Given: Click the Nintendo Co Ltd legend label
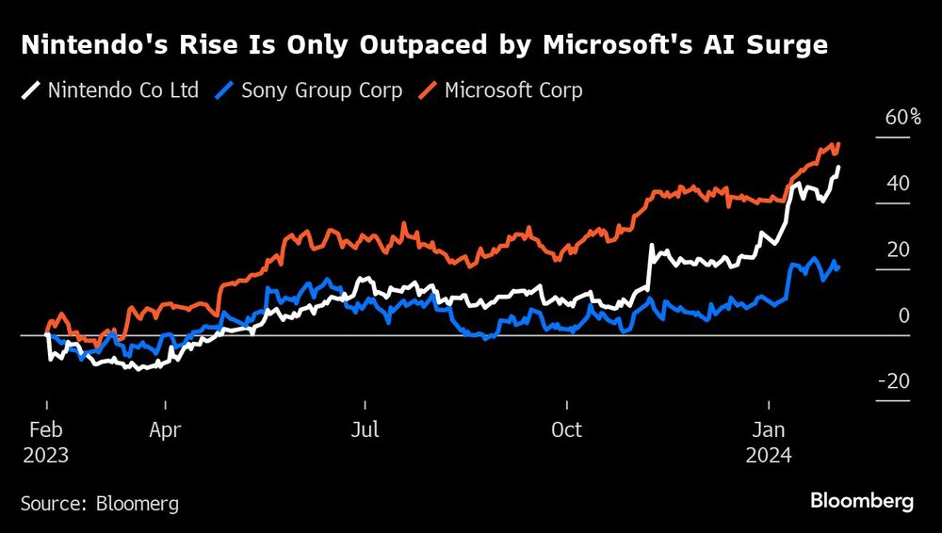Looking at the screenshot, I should tap(122, 91).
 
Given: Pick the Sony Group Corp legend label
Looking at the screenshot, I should tap(321, 91).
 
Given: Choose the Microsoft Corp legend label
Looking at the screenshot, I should tap(512, 91).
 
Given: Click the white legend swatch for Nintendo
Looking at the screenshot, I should tap(31, 91).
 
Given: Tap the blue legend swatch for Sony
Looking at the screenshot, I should tap(225, 91).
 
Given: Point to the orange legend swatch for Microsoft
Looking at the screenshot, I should tap(428, 91).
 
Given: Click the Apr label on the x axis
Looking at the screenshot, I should tap(165, 430).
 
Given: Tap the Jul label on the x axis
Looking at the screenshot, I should tap(365, 430).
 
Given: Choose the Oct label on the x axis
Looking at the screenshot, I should tap(566, 430).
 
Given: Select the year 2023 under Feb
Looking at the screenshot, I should tap(46, 455).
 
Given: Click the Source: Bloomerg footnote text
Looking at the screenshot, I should tap(100, 504).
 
